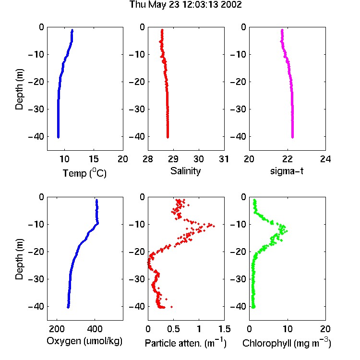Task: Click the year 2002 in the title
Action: [x=231, y=5]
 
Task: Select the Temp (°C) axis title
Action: [x=84, y=173]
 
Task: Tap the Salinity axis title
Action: [x=185, y=171]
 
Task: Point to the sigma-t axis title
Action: [x=287, y=171]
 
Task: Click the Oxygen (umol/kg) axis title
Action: [x=84, y=341]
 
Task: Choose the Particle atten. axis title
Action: [x=186, y=343]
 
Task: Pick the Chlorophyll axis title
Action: [x=287, y=343]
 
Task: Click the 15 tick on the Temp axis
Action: [x=94, y=159]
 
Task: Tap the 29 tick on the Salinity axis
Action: [x=173, y=159]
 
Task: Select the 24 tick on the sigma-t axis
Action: [x=325, y=159]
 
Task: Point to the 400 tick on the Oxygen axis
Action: [x=95, y=329]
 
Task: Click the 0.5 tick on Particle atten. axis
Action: [x=174, y=329]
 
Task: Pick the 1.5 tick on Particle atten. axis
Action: [x=225, y=329]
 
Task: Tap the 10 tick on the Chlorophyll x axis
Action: [x=288, y=329]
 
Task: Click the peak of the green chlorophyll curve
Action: [x=287, y=231]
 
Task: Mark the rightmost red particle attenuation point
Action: [x=214, y=227]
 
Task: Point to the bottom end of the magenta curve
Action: [x=292, y=137]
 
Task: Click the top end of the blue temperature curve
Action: [x=72, y=30]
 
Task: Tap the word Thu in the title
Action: [x=138, y=5]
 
